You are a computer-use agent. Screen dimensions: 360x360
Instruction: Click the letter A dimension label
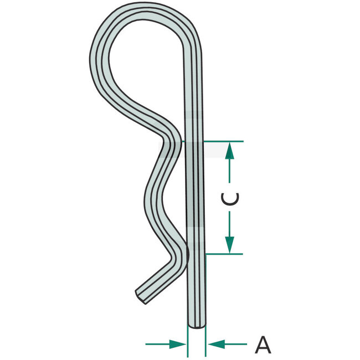263,345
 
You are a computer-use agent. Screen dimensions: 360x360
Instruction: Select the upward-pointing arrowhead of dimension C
230,151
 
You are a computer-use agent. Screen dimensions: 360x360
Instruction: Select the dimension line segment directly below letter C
230,224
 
